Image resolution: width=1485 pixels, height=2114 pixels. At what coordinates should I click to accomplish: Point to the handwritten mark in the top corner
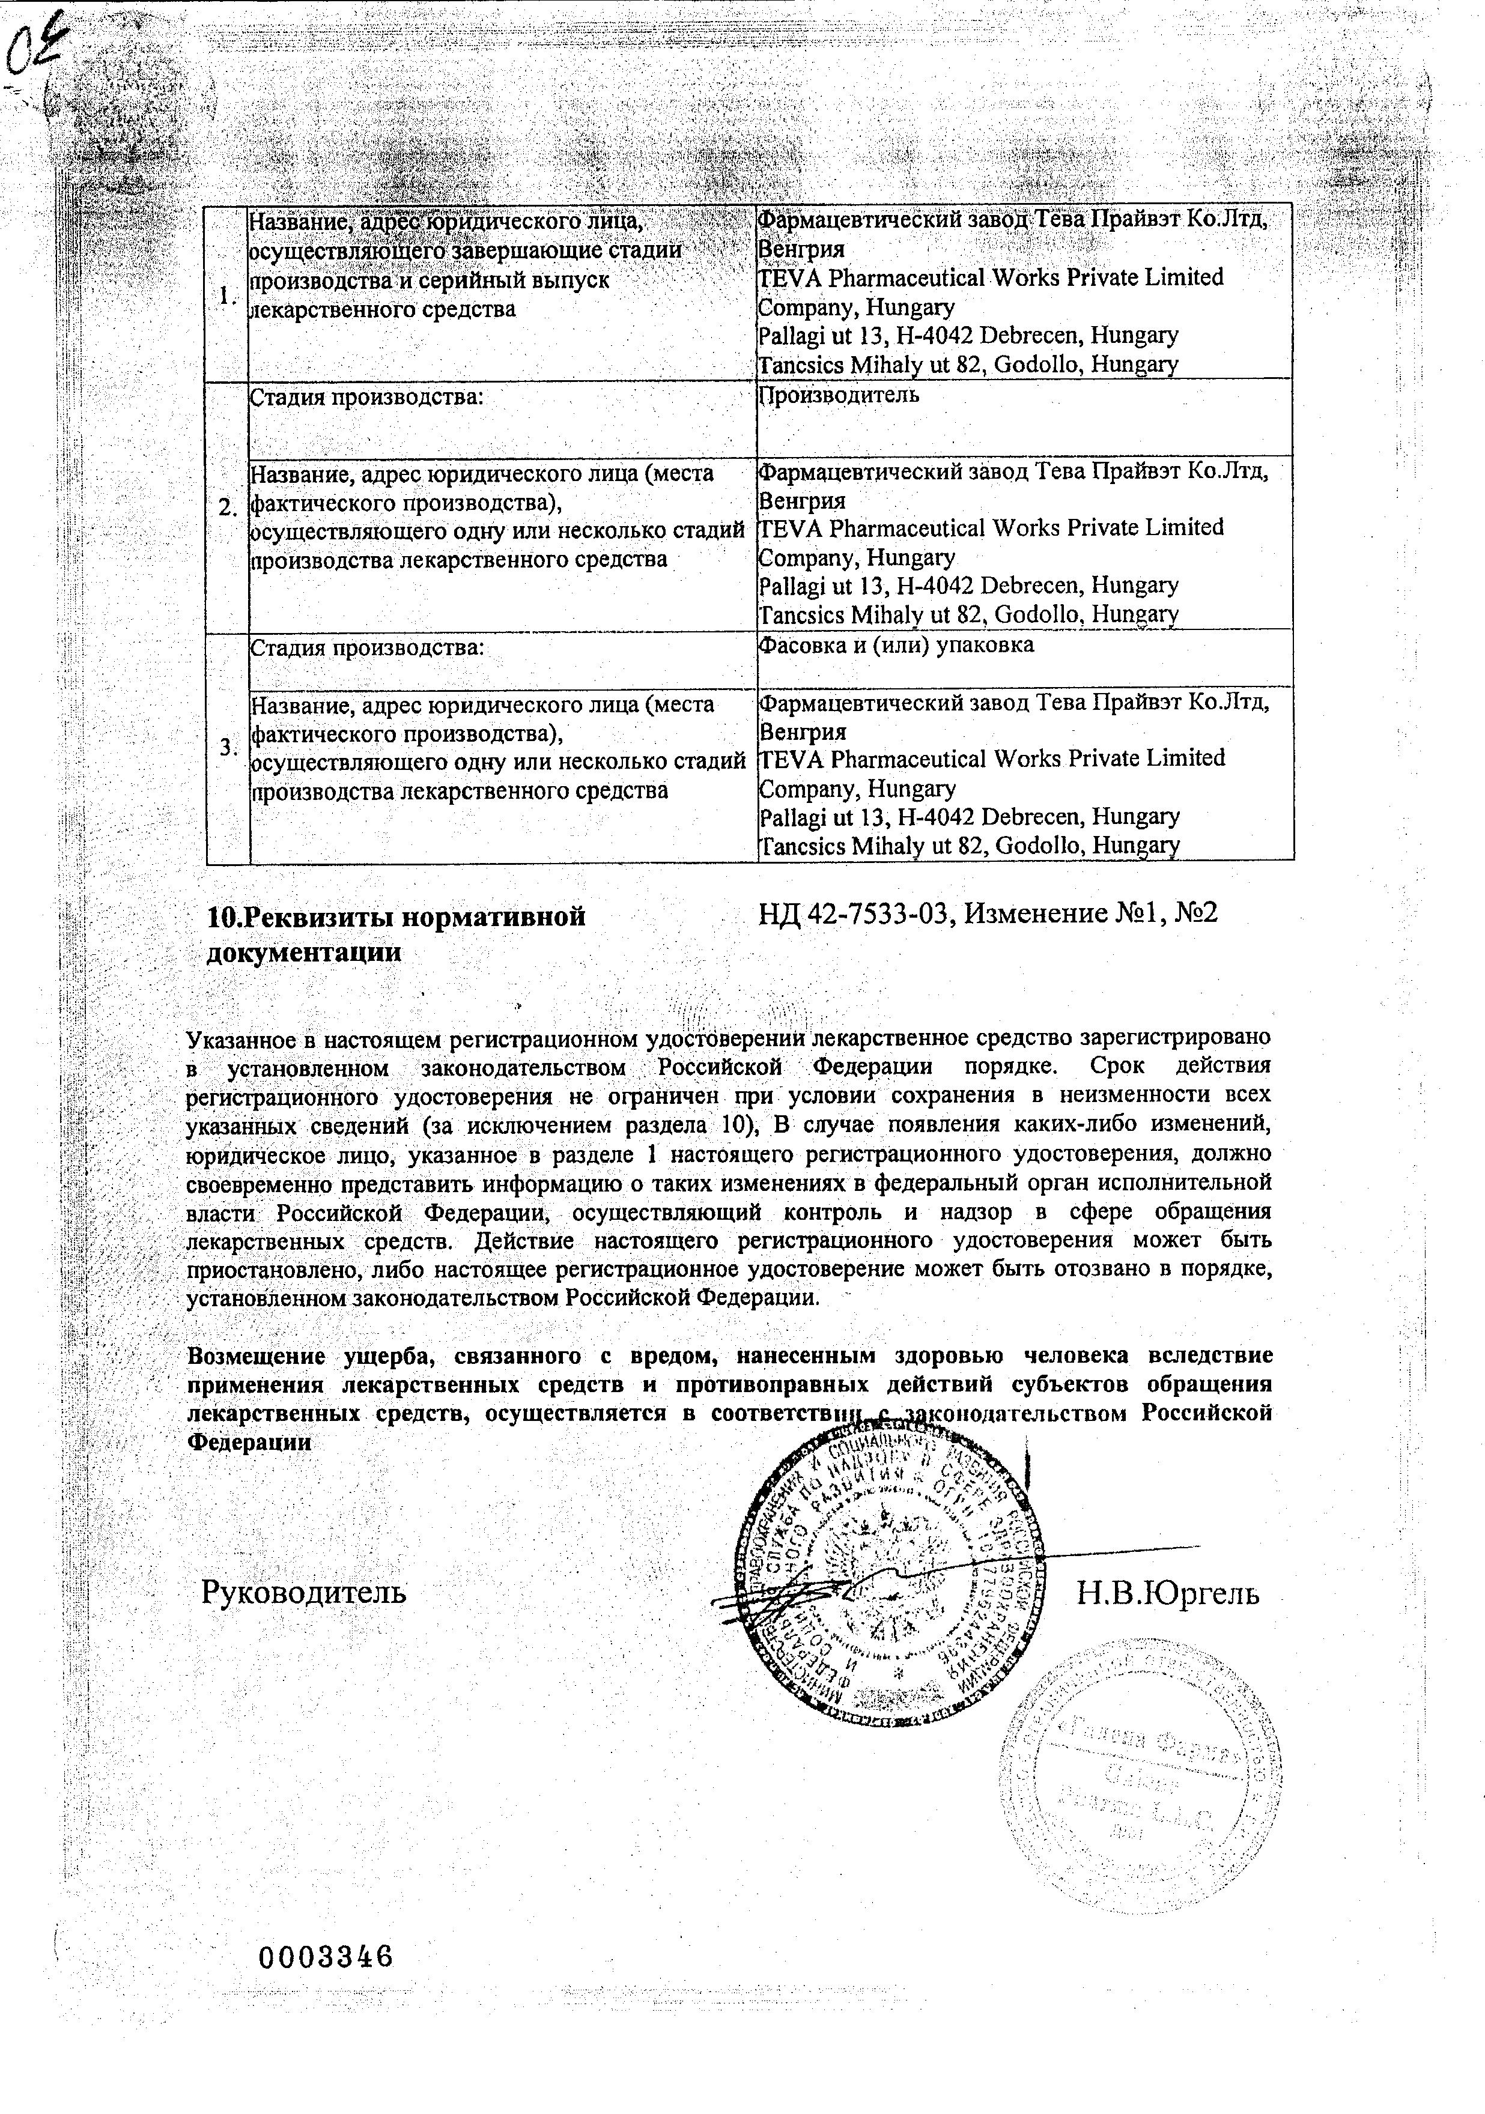(x=32, y=41)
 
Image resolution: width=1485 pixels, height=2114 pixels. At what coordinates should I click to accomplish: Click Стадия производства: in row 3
(x=366, y=646)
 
